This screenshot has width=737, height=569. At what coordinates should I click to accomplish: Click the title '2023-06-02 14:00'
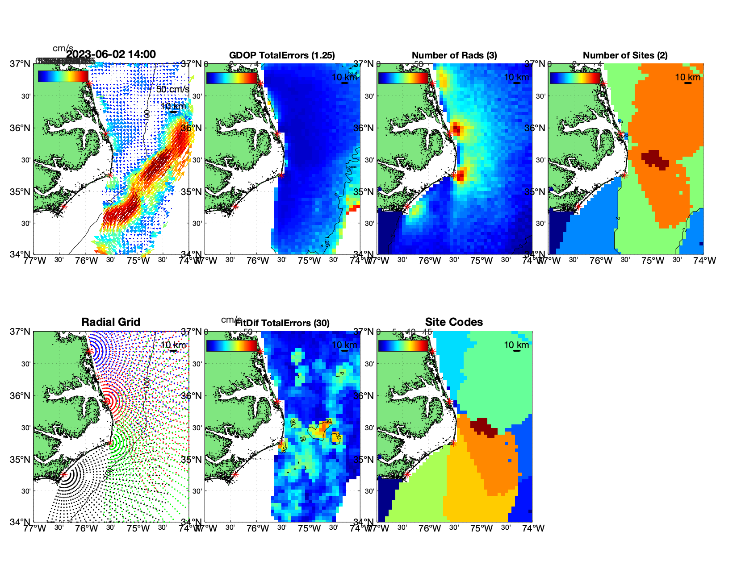pos(111,54)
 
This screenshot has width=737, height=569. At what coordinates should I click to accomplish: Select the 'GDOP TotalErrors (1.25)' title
pos(282,55)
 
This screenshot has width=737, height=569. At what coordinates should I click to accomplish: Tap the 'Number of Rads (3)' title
pos(454,55)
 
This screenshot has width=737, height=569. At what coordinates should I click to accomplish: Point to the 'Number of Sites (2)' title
pos(625,55)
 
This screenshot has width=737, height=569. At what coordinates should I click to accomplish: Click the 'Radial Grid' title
pos(111,322)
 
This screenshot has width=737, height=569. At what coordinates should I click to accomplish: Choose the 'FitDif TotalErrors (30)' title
pos(282,323)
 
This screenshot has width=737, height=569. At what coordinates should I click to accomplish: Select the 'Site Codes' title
pos(454,322)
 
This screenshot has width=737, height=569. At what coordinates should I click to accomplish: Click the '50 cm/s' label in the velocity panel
pos(172,89)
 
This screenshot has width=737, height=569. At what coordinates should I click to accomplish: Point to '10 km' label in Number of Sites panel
pos(687,77)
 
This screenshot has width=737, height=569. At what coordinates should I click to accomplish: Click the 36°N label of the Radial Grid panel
pos(21,396)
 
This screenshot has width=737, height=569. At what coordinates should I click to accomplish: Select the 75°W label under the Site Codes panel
pos(482,528)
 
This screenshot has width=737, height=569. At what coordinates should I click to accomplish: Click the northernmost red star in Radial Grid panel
pos(89,351)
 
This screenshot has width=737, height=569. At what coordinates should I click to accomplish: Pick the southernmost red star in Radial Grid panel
pos(63,474)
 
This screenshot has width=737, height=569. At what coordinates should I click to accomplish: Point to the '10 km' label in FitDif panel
pos(344,345)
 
